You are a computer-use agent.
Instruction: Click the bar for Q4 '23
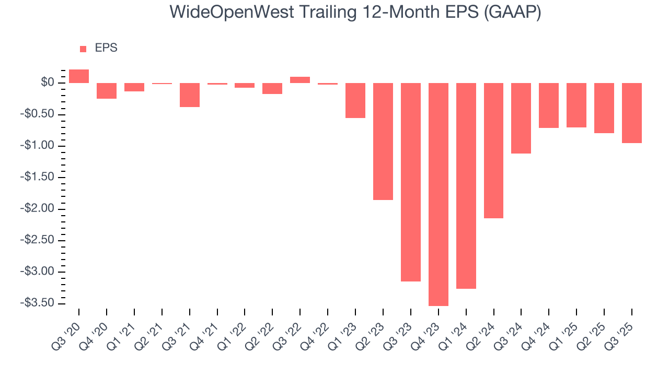click(x=439, y=194)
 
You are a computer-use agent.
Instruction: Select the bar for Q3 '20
click(x=79, y=76)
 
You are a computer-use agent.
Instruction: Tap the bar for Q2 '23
click(x=383, y=142)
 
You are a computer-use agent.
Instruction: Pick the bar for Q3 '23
click(x=411, y=182)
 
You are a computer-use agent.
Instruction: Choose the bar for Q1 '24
click(x=466, y=186)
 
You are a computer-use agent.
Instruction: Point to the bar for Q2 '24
click(x=494, y=150)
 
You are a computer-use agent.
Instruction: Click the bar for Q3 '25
click(x=632, y=113)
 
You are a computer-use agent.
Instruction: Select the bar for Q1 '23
click(x=355, y=100)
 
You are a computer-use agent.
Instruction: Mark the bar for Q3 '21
click(x=190, y=95)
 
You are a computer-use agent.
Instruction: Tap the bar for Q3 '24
click(x=522, y=118)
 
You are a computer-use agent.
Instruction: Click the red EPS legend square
click(x=83, y=49)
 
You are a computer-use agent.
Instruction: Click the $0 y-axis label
click(x=48, y=83)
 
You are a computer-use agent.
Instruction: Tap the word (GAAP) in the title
click(x=512, y=12)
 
